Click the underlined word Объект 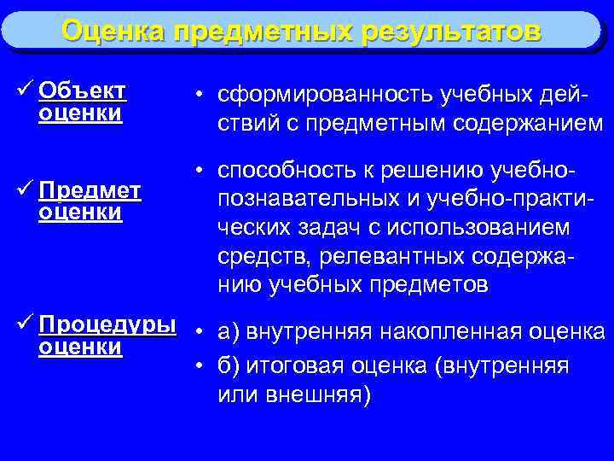83,90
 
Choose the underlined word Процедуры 107,326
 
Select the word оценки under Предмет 80,211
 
